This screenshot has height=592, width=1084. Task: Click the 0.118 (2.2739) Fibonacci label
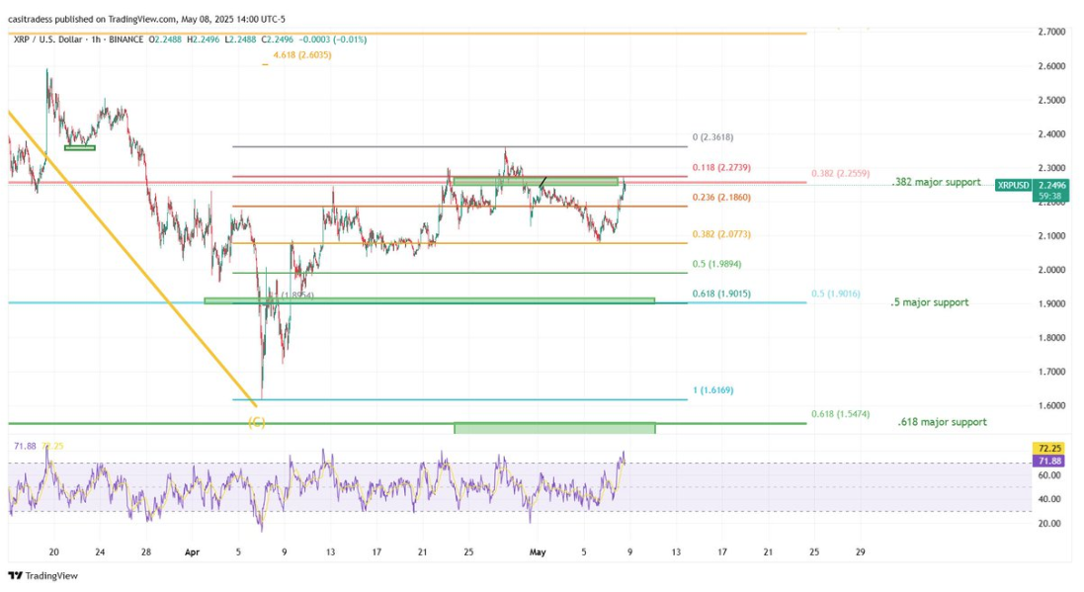coord(722,168)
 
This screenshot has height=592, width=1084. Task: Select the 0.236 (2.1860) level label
coord(722,198)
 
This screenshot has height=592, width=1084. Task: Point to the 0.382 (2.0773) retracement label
coord(722,235)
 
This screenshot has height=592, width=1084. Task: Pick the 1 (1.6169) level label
coord(712,390)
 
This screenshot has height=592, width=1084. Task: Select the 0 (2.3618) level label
coord(712,137)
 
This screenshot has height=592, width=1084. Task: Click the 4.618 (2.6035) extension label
coord(302,55)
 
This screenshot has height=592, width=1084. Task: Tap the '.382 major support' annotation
coord(935,183)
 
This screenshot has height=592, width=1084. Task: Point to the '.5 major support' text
coord(929,302)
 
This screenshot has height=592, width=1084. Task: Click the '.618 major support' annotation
coord(942,422)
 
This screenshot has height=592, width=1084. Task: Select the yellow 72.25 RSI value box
coord(1046,449)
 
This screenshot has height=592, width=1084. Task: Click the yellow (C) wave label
coord(256,422)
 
